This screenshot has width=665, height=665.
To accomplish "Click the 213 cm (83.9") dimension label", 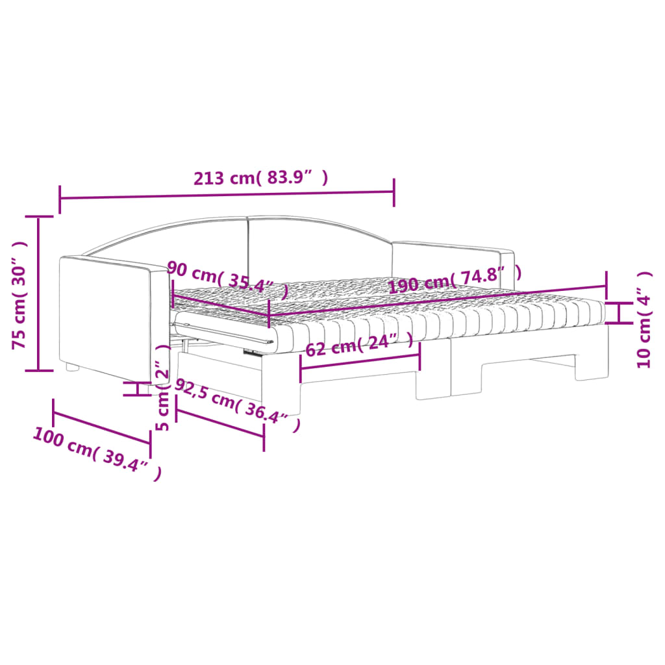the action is coord(261,178).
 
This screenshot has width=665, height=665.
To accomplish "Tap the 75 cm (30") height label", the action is coord(19,295).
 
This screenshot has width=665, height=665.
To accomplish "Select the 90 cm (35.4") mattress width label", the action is coord(228,279).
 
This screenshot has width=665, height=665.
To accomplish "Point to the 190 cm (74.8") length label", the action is coord(455,279).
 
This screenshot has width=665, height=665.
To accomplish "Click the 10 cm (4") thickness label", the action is coord(644,320).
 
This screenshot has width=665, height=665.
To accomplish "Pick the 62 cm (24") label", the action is coord(359,344).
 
